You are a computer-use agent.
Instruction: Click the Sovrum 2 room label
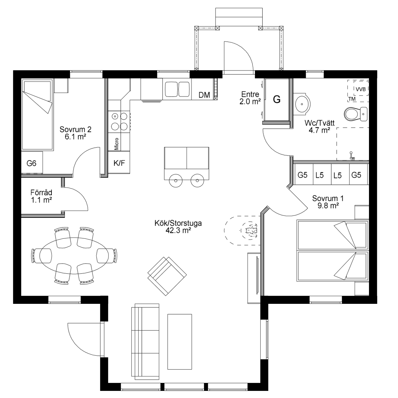76,133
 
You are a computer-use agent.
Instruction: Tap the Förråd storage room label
41,196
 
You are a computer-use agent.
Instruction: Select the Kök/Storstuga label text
178,227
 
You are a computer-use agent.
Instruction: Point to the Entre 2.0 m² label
250,98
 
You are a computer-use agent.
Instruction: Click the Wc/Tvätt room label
319,127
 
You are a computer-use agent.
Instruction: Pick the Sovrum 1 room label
328,202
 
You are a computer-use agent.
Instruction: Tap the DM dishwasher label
204,95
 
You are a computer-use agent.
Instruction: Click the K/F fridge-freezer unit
119,162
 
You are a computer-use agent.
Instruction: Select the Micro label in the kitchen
116,144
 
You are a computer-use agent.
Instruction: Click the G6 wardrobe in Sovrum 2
32,163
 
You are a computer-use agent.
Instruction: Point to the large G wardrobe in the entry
277,99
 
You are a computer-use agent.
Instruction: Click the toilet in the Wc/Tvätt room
356,114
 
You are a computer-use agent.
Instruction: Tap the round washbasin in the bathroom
303,104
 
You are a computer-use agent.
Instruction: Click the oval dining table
74,256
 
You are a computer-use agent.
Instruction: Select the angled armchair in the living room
167,276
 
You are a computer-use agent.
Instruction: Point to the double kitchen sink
177,89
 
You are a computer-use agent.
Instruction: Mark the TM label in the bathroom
352,99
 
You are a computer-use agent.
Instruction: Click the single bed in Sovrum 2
37,115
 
